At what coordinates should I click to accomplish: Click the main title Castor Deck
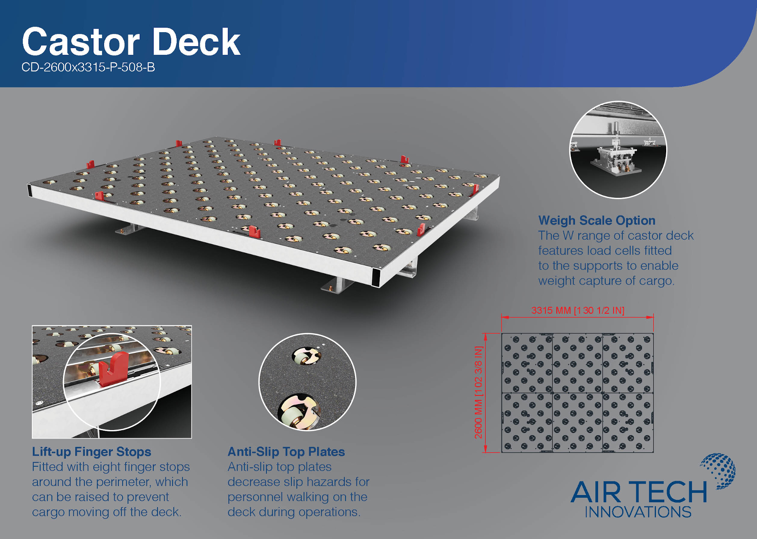[x=131, y=42]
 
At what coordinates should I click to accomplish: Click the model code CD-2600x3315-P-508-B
[x=88, y=67]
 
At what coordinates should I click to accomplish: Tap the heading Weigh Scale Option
[x=597, y=220]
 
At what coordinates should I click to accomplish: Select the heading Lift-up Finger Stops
[x=92, y=452]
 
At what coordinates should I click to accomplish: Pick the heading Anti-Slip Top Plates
[x=286, y=452]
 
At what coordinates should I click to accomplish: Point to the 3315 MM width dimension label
[x=578, y=311]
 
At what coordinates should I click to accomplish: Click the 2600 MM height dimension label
[x=479, y=392]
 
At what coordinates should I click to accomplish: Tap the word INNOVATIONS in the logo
[x=638, y=512]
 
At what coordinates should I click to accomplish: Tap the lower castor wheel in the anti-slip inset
[x=299, y=412]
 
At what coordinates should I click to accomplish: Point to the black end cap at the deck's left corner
[x=30, y=190]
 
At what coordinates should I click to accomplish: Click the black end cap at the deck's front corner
[x=376, y=278]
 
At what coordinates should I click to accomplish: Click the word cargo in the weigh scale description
[x=657, y=281]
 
